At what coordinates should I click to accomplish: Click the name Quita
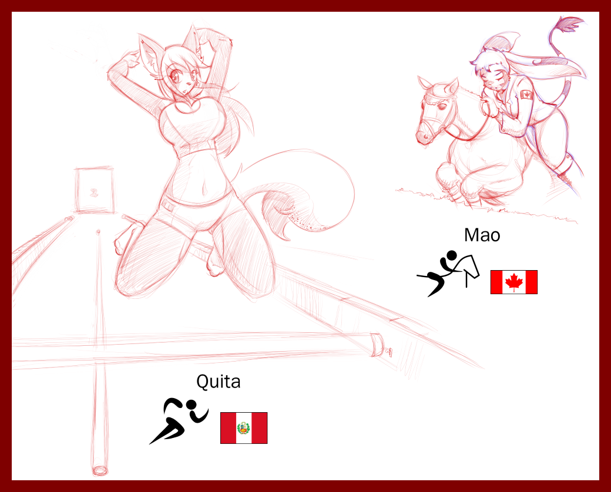218,382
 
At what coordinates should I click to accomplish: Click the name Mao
482,235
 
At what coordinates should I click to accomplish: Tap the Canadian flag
513,282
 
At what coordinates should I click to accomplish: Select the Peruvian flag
244,428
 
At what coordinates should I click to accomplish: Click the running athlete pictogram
179,420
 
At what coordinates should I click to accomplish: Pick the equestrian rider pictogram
448,272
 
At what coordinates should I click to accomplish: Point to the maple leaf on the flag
514,282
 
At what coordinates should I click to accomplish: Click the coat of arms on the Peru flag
244,428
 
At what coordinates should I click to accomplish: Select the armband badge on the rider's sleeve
526,95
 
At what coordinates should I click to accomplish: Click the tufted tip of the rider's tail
570,24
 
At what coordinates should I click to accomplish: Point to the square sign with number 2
94,190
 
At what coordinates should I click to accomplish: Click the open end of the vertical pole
100,471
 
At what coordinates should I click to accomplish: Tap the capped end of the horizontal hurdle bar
377,345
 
